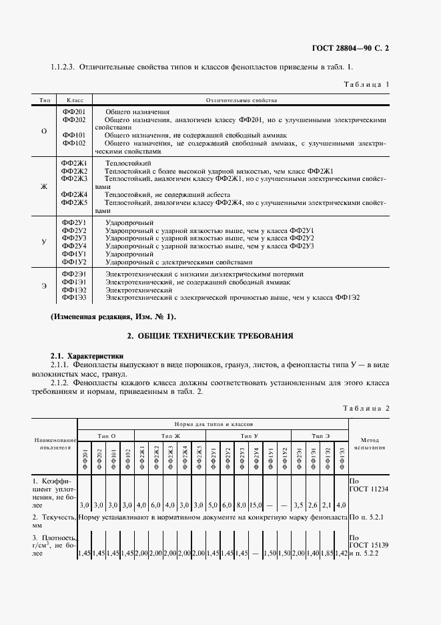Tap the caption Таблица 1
pos(366,85)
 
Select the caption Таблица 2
pos(366,407)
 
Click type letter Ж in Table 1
pos(44,186)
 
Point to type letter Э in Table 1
pos(44,286)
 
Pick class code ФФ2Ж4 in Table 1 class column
pos(74,194)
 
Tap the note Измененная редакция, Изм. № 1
pos(113,315)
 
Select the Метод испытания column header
pos(369,444)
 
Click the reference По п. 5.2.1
pos(368,517)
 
